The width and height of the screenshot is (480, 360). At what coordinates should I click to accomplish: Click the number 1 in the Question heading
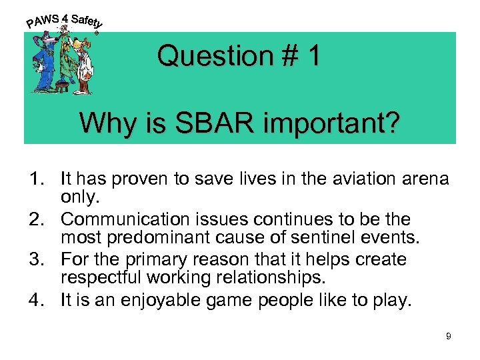313,57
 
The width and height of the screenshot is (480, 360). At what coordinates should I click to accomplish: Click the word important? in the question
325,123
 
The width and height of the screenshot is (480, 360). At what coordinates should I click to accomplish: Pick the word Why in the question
103,123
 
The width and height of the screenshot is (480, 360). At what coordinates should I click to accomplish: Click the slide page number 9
449,337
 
